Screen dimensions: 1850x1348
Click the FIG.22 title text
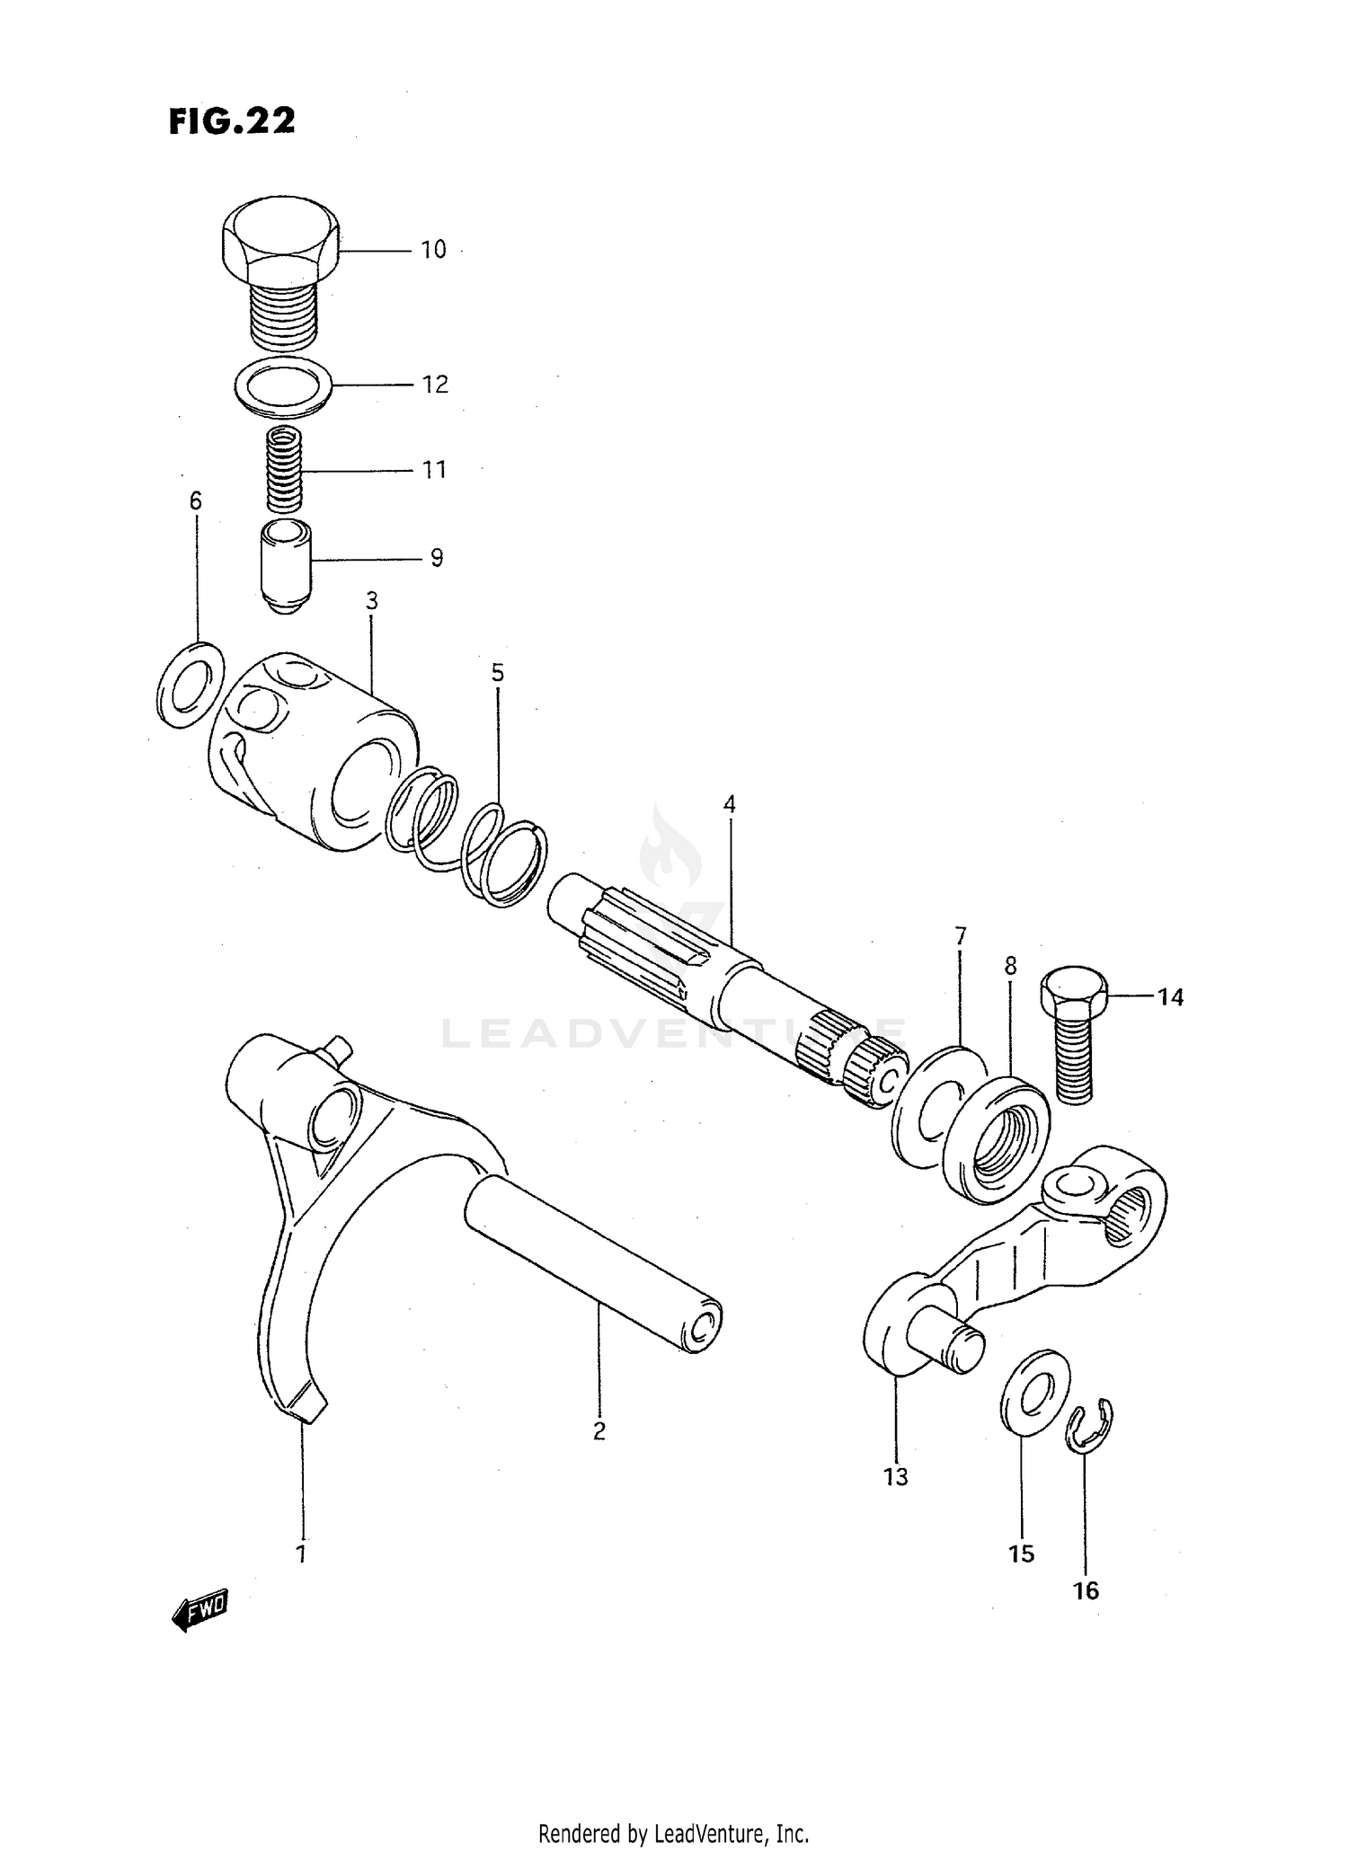(232, 121)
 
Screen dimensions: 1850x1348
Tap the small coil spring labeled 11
(285, 470)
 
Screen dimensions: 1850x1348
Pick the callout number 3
(372, 601)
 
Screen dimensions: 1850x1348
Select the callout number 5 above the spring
(497, 673)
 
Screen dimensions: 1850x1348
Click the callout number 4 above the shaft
(729, 804)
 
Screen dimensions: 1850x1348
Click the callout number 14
(1170, 996)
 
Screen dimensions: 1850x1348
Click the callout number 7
(960, 936)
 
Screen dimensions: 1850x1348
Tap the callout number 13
(896, 1476)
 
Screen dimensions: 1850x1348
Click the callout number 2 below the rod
(599, 1430)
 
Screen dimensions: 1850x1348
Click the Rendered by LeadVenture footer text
(673, 1833)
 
